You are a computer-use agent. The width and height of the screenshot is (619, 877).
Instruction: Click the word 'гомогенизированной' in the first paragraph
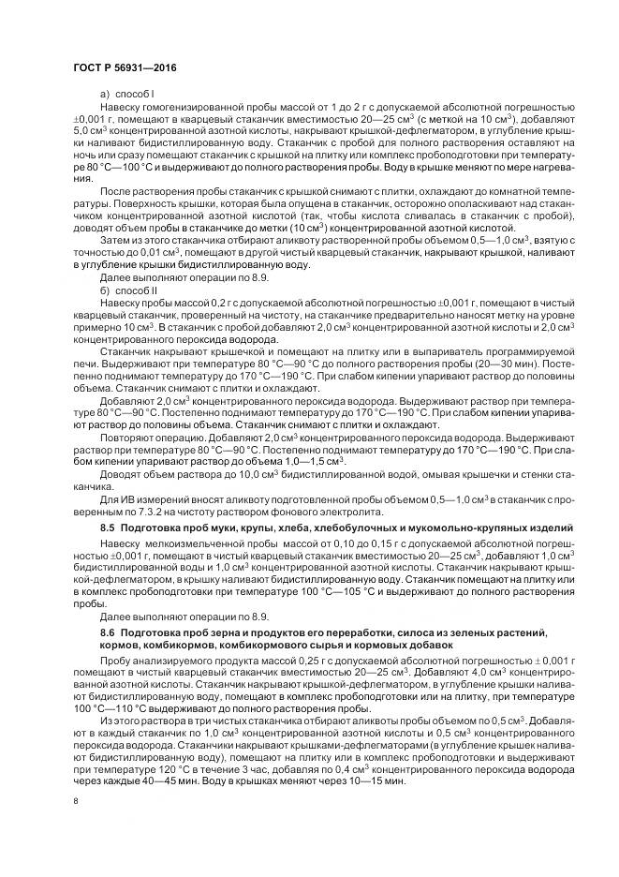[x=186, y=110]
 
